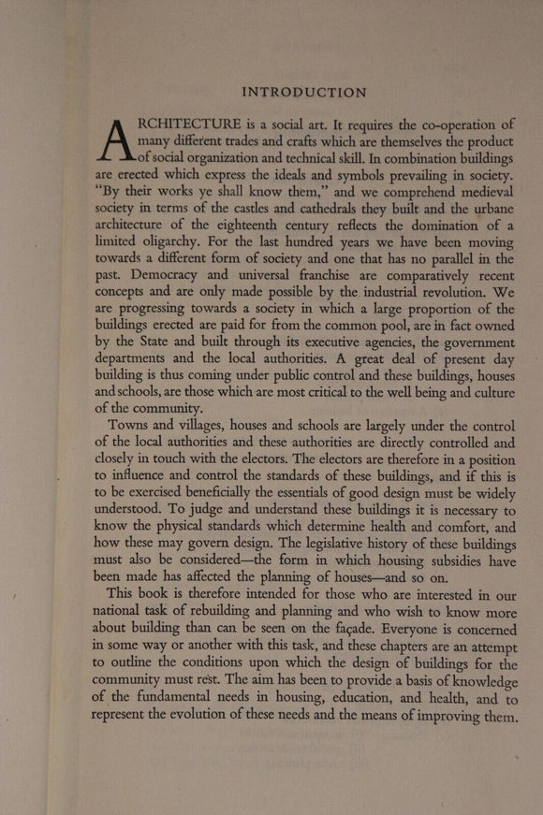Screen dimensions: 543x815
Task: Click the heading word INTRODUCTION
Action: [x=304, y=93]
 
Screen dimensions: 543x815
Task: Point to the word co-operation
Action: [x=443, y=124]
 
